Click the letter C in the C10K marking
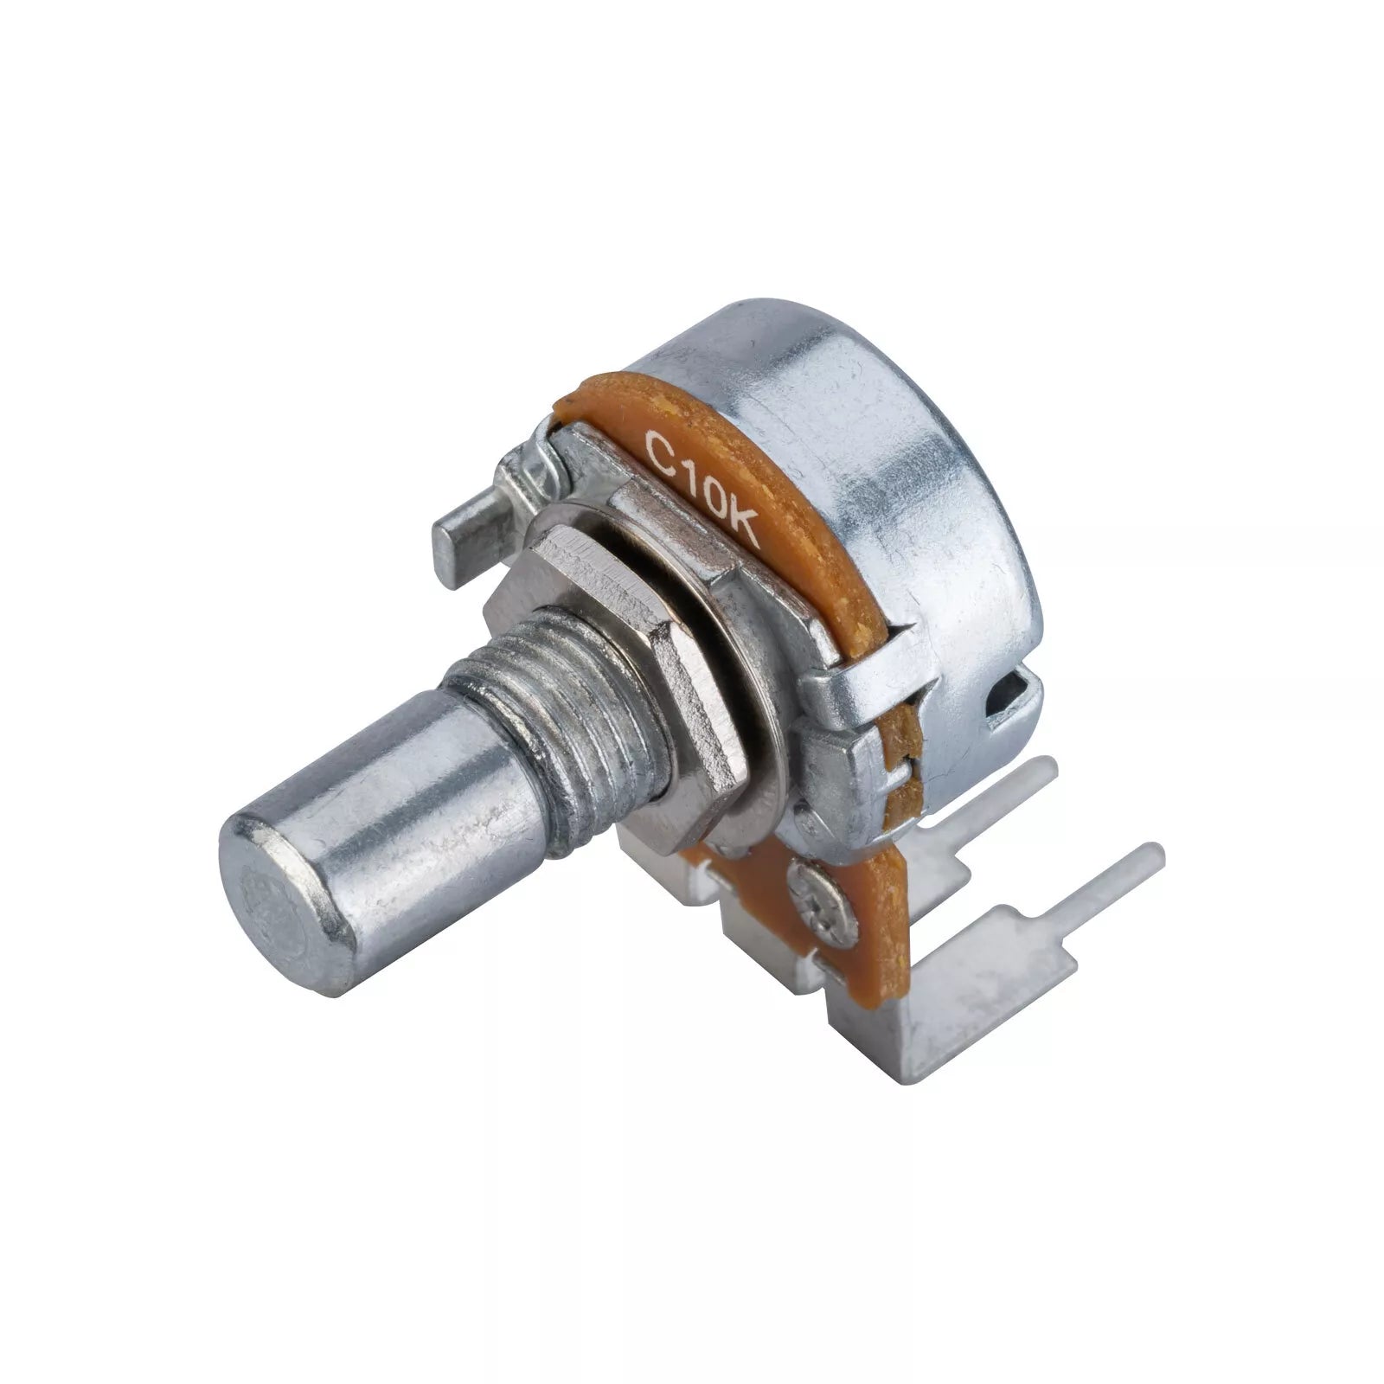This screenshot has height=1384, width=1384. [x=659, y=451]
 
